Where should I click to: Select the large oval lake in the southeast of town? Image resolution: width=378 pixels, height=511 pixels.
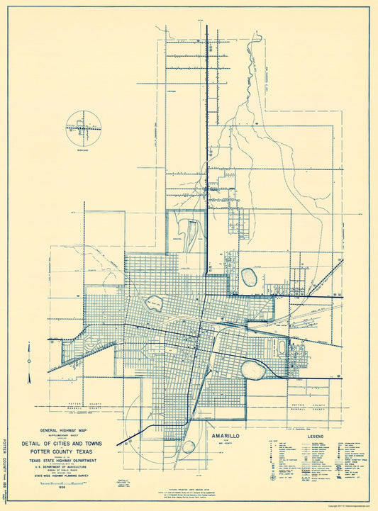pos(253,369)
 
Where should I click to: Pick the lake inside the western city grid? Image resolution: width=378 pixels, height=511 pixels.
pos(154,303)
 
